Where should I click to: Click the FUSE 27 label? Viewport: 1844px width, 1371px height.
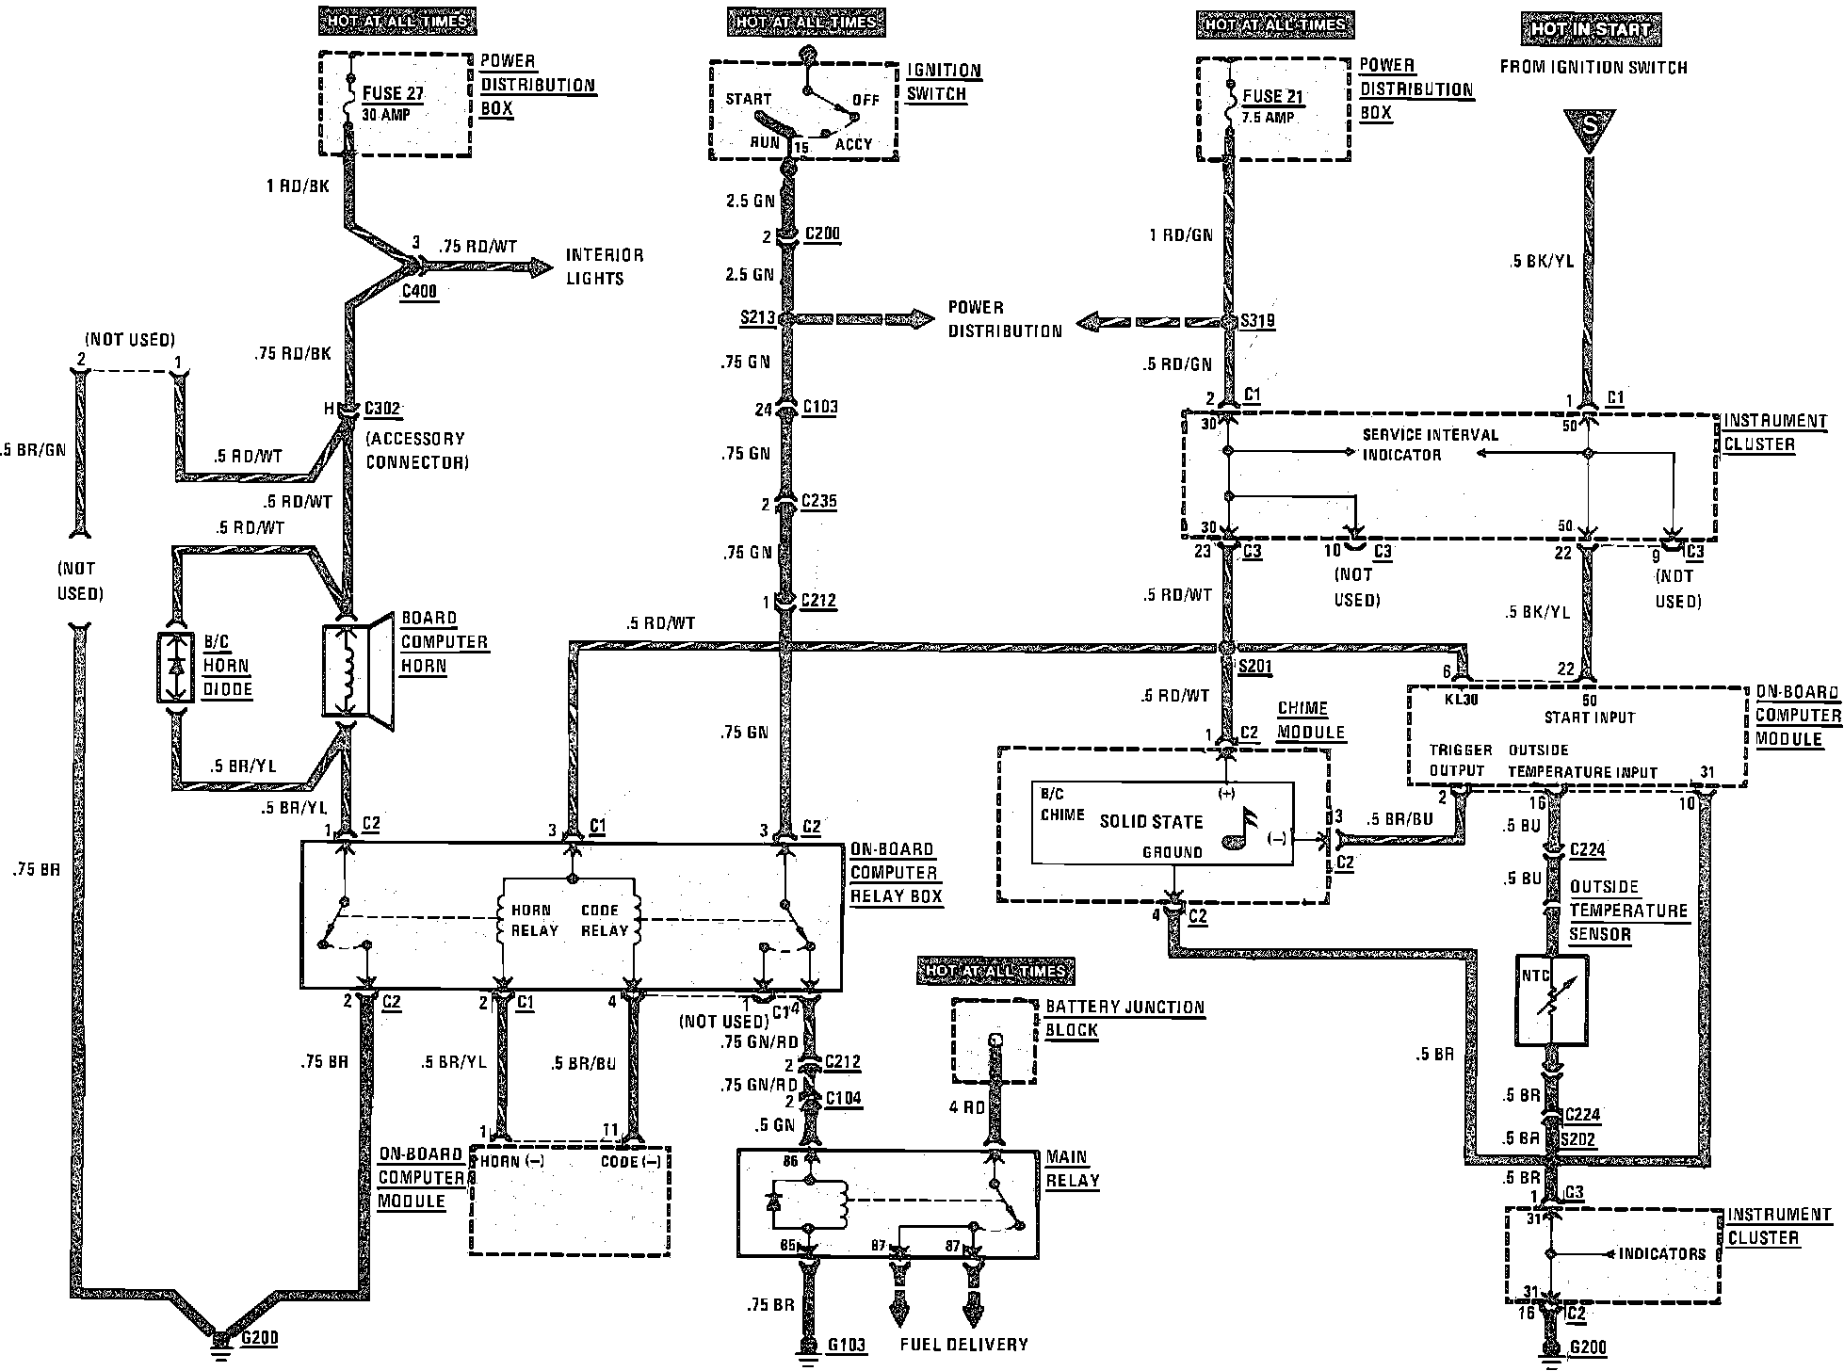click(x=393, y=93)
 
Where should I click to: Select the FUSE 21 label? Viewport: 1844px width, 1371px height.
click(x=1271, y=96)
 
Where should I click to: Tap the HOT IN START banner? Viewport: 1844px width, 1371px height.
click(x=1591, y=30)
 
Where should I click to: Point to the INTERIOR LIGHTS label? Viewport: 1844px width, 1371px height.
click(x=605, y=266)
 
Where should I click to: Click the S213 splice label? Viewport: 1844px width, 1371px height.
click(x=756, y=318)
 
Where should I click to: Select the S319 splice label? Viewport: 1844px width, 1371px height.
click(x=1258, y=320)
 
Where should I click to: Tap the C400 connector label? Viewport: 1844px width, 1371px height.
click(x=418, y=292)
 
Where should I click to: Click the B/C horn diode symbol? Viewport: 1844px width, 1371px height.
click(x=175, y=667)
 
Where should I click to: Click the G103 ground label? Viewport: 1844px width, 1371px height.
click(x=846, y=1346)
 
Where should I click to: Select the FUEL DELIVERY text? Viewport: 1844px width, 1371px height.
click(x=963, y=1345)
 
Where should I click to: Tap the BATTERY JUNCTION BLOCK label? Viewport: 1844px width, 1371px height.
click(x=1124, y=1018)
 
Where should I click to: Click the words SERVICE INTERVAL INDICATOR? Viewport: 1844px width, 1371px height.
click(x=1430, y=444)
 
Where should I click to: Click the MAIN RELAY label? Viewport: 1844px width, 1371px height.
click(x=1072, y=1169)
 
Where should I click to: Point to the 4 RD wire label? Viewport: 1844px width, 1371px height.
click(x=966, y=1107)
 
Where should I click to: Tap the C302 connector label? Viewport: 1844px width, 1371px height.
click(x=382, y=409)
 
